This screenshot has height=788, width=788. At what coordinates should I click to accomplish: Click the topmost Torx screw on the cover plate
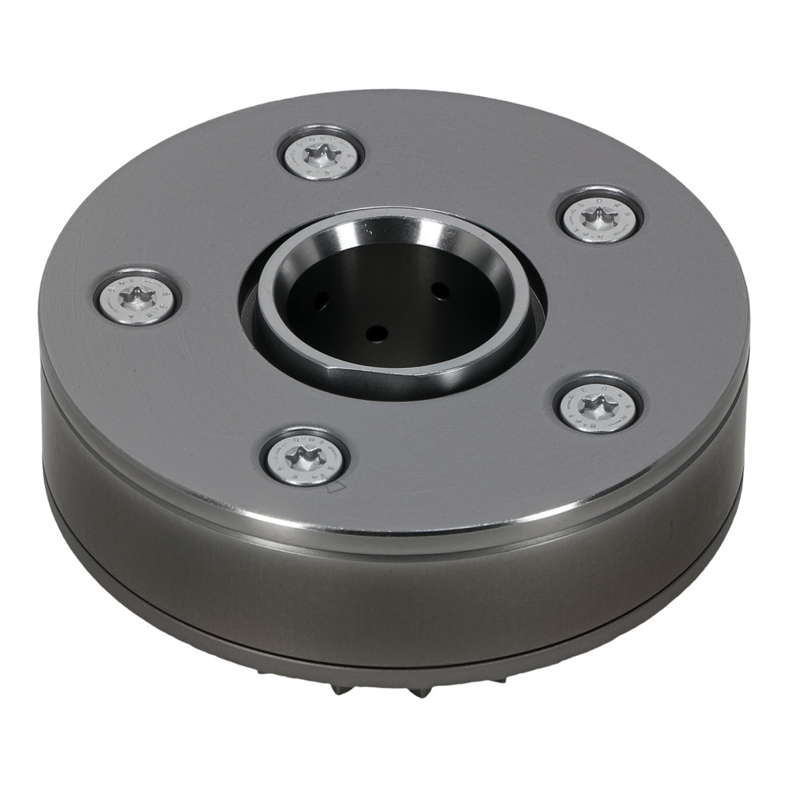click(321, 151)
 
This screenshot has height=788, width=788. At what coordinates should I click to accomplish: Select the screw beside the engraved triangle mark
click(304, 457)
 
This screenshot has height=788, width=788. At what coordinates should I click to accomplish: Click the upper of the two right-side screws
click(600, 214)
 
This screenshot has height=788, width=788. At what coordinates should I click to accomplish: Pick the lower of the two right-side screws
click(597, 403)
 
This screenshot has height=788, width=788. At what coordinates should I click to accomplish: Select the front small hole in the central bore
click(378, 333)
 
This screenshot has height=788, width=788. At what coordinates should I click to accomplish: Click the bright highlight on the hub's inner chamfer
click(426, 229)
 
